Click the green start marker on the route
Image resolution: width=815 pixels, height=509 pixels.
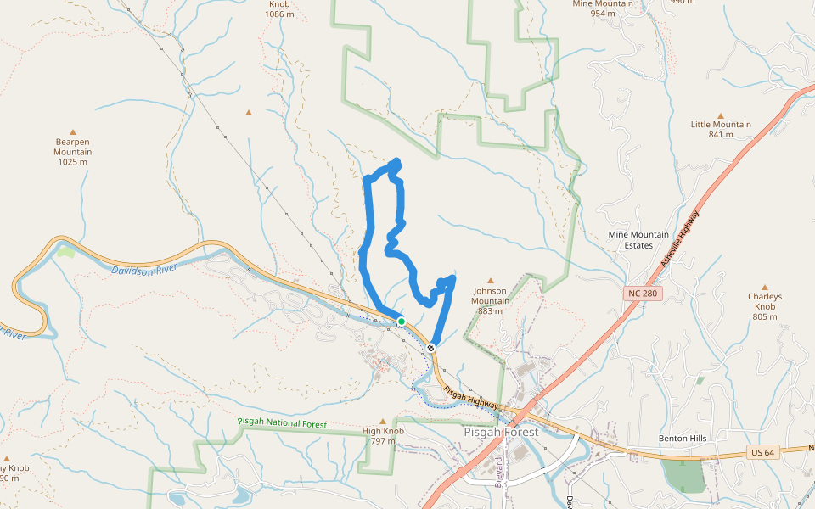402,321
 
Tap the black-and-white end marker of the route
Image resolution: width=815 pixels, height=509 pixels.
431,347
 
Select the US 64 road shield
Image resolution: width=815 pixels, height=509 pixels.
762,452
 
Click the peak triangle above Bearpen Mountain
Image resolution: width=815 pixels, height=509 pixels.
73,132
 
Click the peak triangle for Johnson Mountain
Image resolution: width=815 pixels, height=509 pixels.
490,280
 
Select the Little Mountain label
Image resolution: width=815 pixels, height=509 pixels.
721,129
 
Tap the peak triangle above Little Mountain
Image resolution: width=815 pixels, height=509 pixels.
721,115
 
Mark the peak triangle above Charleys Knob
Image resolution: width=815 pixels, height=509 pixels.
764,288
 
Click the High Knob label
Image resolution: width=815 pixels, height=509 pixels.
383,435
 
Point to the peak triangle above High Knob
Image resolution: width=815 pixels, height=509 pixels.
383,421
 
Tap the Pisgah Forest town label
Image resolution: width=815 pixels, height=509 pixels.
501,432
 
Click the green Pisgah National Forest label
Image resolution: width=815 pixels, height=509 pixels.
283,422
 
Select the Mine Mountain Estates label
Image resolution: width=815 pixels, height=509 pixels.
638,240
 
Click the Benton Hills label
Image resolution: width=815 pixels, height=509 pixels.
683,439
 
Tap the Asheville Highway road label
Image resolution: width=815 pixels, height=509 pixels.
680,238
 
